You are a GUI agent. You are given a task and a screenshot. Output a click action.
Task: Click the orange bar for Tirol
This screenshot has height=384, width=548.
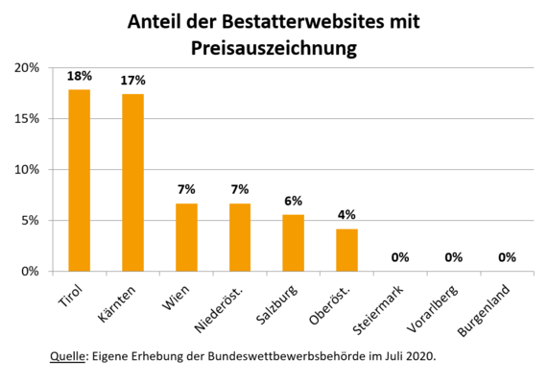(80, 180)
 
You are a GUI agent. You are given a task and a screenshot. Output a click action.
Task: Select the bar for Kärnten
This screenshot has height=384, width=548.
(132, 182)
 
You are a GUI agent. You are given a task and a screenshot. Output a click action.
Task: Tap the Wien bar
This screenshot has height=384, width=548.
(186, 237)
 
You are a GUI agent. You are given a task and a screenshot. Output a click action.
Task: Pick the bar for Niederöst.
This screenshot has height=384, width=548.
(240, 237)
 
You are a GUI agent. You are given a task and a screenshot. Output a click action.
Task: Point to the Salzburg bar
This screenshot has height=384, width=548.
(294, 243)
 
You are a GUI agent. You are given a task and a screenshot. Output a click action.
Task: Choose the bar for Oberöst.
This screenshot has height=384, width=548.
(346, 251)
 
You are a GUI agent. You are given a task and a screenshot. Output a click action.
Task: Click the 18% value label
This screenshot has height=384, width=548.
(80, 76)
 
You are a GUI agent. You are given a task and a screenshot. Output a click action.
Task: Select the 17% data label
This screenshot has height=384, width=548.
(132, 81)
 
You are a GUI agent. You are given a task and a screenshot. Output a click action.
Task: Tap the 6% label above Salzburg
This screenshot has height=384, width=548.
(294, 201)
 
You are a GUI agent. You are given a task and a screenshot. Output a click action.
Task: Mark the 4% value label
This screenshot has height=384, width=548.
(346, 215)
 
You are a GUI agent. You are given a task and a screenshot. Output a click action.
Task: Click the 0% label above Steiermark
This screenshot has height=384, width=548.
(400, 257)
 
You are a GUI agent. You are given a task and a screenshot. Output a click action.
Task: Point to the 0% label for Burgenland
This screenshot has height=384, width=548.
(507, 257)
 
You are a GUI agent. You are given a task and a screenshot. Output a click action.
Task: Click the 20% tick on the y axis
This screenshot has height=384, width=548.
(27, 68)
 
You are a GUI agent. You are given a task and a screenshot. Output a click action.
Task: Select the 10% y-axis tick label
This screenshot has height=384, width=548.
(27, 170)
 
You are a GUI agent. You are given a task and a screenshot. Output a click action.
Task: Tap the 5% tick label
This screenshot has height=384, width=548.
(30, 221)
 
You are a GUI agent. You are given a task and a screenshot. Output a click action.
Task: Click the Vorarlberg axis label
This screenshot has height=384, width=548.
(433, 309)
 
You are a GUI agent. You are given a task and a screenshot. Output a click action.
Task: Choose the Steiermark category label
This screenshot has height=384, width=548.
(378, 310)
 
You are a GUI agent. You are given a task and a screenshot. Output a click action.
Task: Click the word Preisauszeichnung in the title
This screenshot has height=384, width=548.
(274, 49)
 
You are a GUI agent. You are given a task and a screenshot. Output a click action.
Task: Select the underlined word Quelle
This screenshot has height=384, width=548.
(67, 356)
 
